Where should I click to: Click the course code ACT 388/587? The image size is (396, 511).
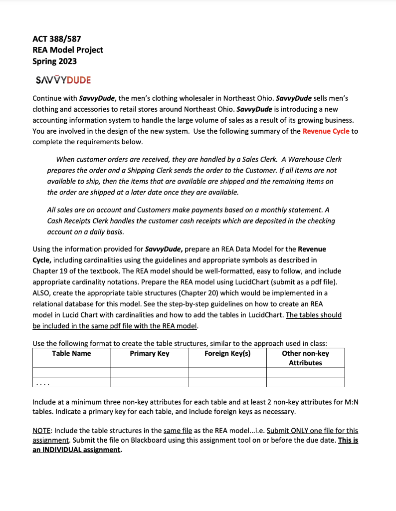57,38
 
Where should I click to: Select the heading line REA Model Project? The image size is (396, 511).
68,50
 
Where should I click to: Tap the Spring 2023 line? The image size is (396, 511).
55,61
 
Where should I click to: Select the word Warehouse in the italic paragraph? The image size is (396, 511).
306,159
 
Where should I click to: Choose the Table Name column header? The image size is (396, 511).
71,353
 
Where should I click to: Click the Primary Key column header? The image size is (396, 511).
149,353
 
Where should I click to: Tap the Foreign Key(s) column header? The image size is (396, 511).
227,353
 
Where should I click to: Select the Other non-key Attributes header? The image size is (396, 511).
305,358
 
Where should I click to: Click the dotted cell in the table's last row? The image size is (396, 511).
71,383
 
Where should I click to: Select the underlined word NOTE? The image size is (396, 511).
43,430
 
